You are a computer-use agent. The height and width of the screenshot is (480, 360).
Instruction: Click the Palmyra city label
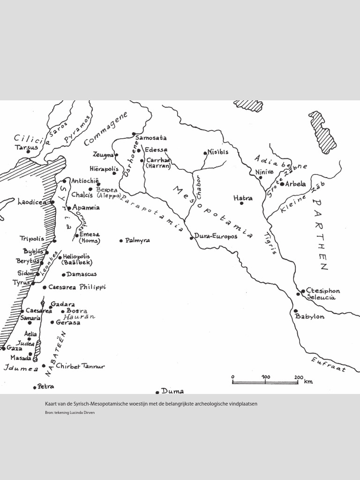point(137,240)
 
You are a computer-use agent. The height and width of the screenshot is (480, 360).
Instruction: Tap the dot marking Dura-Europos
point(191,238)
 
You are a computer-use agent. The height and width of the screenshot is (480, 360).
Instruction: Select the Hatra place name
point(243,198)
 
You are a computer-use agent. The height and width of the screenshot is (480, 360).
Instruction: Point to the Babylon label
point(310,317)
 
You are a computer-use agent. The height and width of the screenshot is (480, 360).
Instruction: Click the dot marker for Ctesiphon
point(303,291)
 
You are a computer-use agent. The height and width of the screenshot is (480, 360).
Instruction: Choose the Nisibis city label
point(218,152)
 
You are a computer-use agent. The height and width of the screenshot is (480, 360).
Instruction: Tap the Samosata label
point(151,138)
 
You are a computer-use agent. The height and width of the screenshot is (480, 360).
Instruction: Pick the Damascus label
point(82,274)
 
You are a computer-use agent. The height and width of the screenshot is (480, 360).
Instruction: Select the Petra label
point(46,387)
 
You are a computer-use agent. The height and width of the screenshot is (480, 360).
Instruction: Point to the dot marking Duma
point(157,392)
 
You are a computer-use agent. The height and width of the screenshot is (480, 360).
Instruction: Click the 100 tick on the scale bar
point(266,377)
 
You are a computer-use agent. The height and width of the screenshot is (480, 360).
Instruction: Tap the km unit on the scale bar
point(308,382)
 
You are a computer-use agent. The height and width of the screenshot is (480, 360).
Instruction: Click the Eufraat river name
point(329,365)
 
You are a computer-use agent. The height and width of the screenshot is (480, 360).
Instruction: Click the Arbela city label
point(295,184)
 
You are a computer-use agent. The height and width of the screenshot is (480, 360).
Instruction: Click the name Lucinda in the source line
point(77,413)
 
